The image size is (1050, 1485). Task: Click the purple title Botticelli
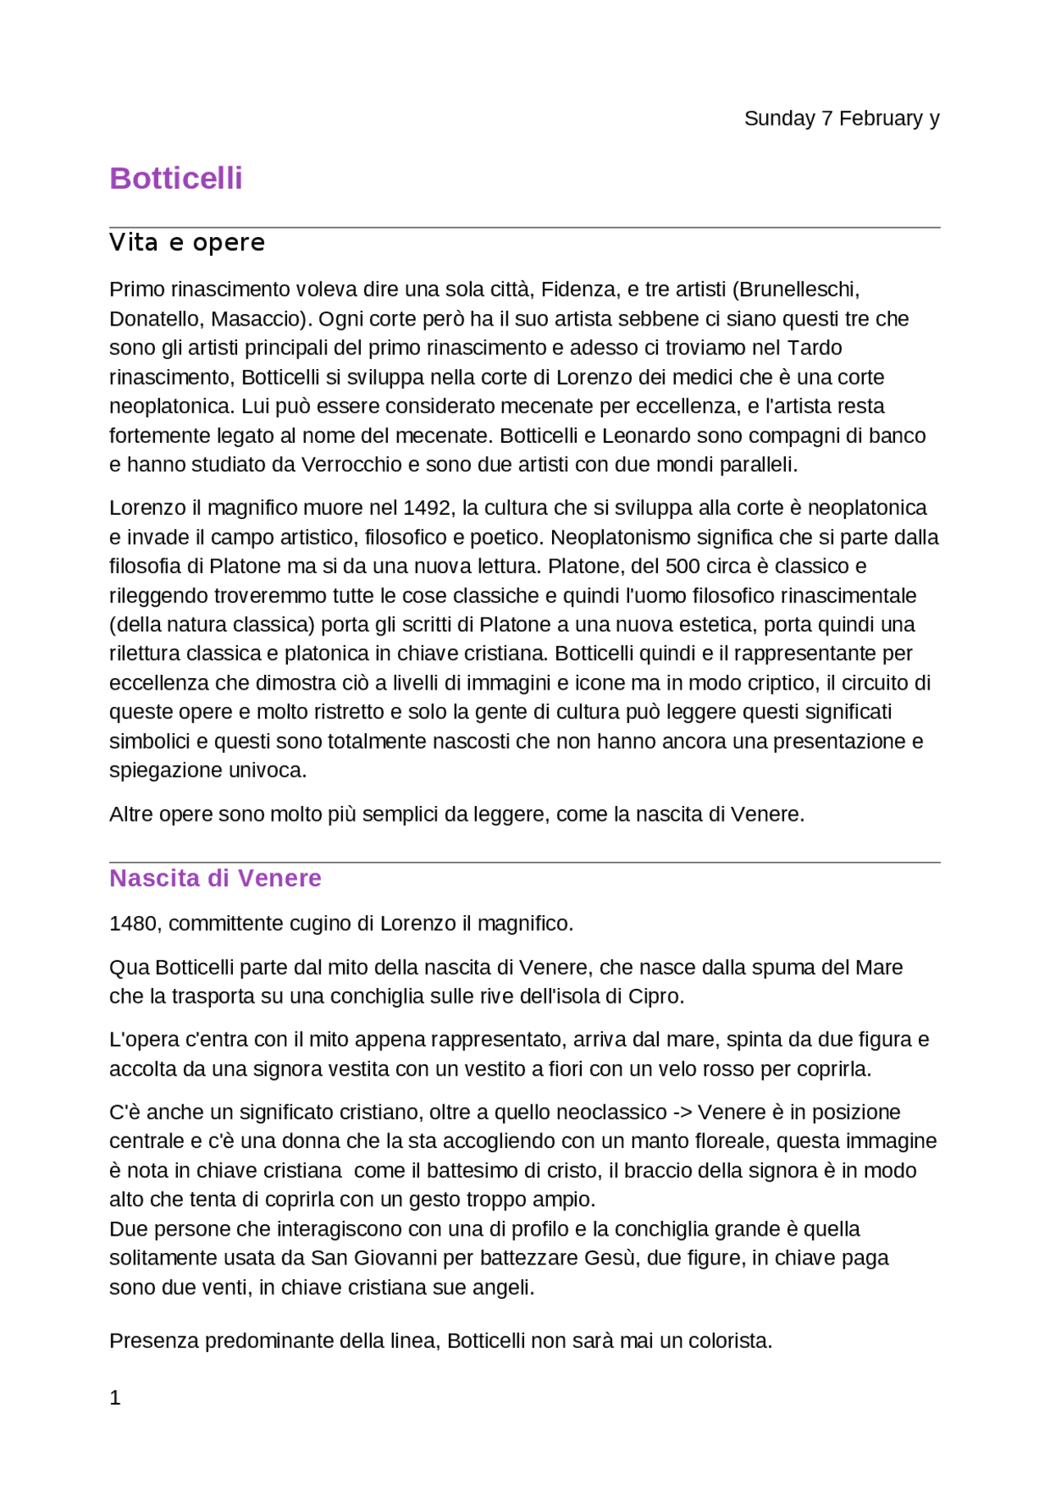tap(176, 179)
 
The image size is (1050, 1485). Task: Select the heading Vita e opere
tap(187, 243)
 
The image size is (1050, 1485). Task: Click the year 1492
tap(427, 508)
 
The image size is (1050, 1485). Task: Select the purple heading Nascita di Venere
tap(215, 878)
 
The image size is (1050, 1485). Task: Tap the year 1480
tap(133, 924)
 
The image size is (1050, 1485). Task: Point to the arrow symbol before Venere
tap(682, 1113)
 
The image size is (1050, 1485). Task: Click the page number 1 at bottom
tap(115, 1398)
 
